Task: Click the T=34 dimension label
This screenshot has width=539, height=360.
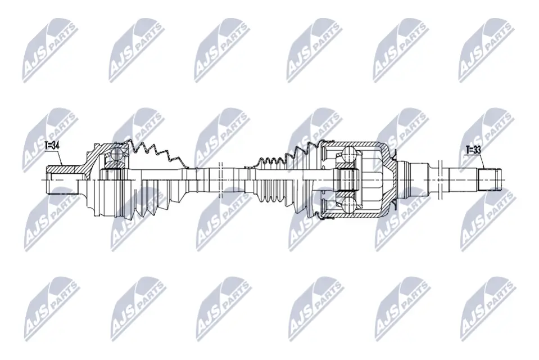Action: click(x=52, y=146)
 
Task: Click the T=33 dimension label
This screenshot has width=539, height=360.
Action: click(x=474, y=150)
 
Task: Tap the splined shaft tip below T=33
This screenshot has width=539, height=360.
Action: click(x=488, y=179)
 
